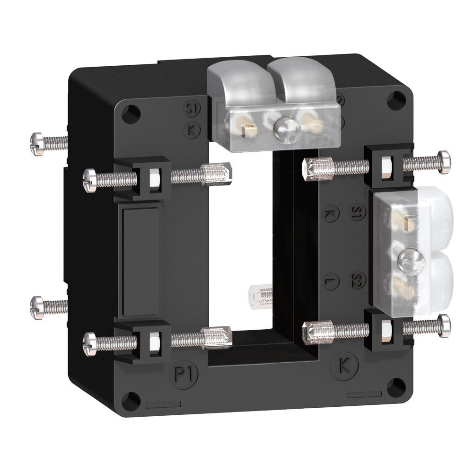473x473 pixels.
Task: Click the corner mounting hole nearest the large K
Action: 393,387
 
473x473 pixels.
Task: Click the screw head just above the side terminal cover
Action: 444,161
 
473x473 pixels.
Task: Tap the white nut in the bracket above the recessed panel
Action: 154,178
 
